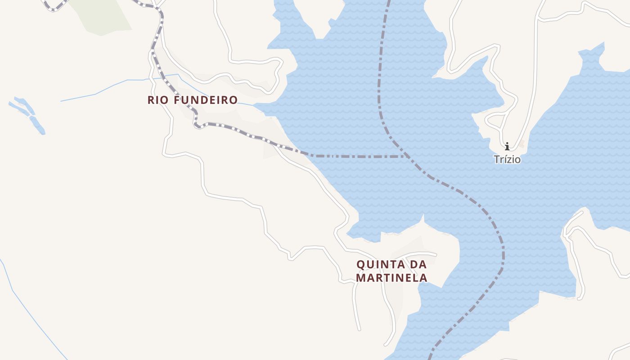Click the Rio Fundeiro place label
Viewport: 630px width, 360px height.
point(192,100)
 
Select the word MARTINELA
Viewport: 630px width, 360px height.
point(391,278)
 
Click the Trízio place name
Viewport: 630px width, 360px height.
point(507,159)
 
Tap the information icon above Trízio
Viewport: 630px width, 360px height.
point(507,146)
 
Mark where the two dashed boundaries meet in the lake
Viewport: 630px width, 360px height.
point(405,156)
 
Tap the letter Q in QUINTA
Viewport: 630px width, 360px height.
point(360,264)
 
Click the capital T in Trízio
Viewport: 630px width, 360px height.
point(497,159)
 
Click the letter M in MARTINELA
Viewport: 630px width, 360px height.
point(360,278)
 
